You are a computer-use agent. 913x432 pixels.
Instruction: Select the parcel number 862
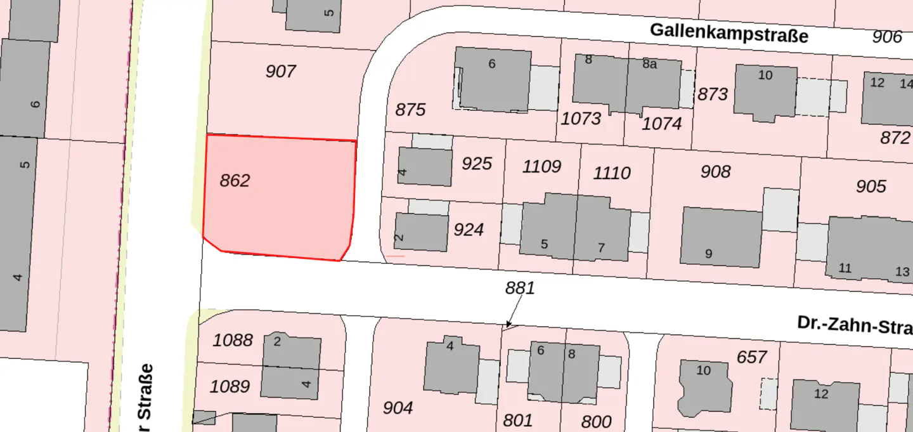tap(235, 181)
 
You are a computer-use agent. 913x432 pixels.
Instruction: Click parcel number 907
tap(280, 71)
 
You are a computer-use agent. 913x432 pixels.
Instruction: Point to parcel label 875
tap(410, 110)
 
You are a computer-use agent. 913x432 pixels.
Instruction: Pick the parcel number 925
tap(477, 164)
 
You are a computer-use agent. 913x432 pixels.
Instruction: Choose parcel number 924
tap(469, 230)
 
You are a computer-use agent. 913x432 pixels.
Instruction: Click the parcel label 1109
tap(541, 167)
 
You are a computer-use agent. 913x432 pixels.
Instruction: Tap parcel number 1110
tap(612, 173)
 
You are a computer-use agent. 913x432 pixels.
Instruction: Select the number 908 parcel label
tap(715, 171)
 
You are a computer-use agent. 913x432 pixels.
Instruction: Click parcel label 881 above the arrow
tap(520, 288)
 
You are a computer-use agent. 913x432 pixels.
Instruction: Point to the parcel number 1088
tap(232, 340)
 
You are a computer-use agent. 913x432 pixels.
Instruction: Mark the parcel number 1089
tap(230, 386)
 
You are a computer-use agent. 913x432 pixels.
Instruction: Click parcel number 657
tap(752, 358)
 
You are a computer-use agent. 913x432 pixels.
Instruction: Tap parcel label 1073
tap(581, 118)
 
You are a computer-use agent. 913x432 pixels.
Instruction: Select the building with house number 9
tap(722, 237)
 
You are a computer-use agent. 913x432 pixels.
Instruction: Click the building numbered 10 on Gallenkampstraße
tap(765, 92)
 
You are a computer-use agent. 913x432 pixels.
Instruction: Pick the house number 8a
tap(649, 63)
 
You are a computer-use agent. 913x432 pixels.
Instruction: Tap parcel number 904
tap(398, 408)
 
